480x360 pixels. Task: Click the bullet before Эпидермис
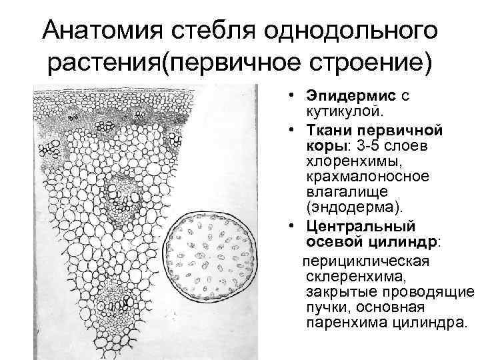pos(291,95)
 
